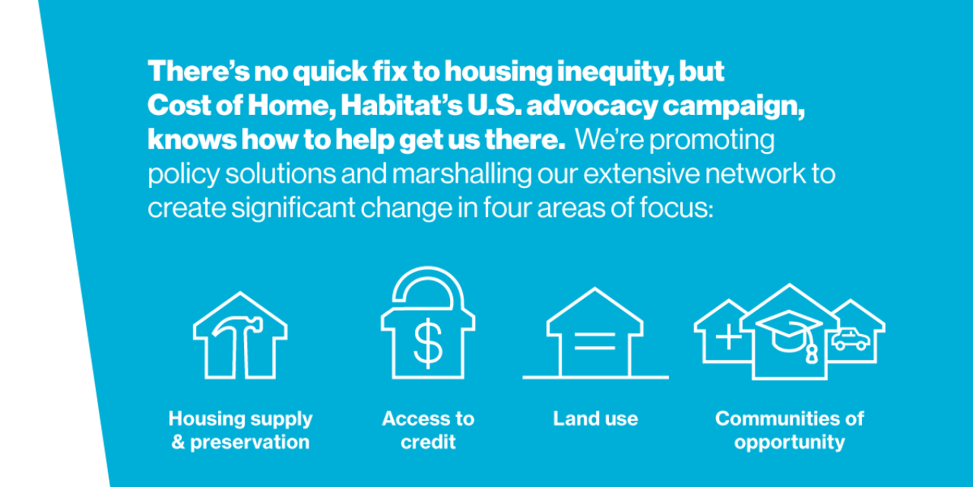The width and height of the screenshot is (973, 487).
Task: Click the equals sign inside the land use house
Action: (x=594, y=342)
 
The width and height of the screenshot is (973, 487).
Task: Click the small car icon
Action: (x=851, y=339)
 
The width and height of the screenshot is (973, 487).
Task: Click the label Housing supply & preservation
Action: (x=240, y=430)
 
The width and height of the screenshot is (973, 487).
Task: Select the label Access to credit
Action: (x=428, y=430)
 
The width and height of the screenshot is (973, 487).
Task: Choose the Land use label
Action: (x=595, y=419)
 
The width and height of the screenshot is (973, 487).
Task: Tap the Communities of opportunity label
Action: (x=790, y=430)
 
